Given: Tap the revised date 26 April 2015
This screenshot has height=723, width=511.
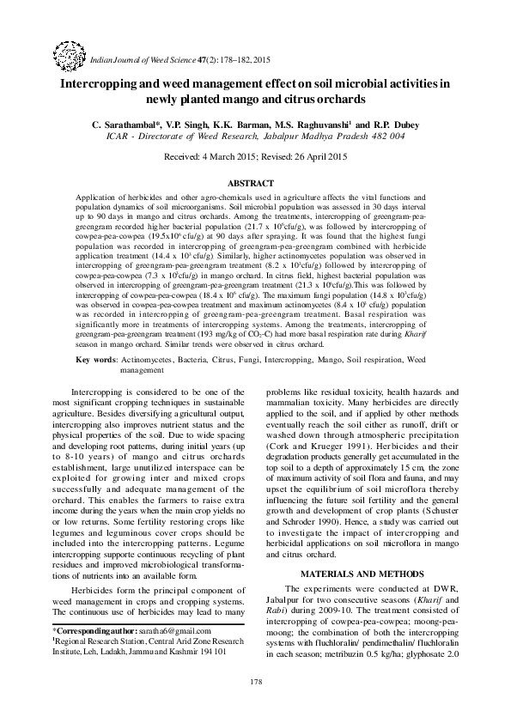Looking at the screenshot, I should point(315,157).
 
